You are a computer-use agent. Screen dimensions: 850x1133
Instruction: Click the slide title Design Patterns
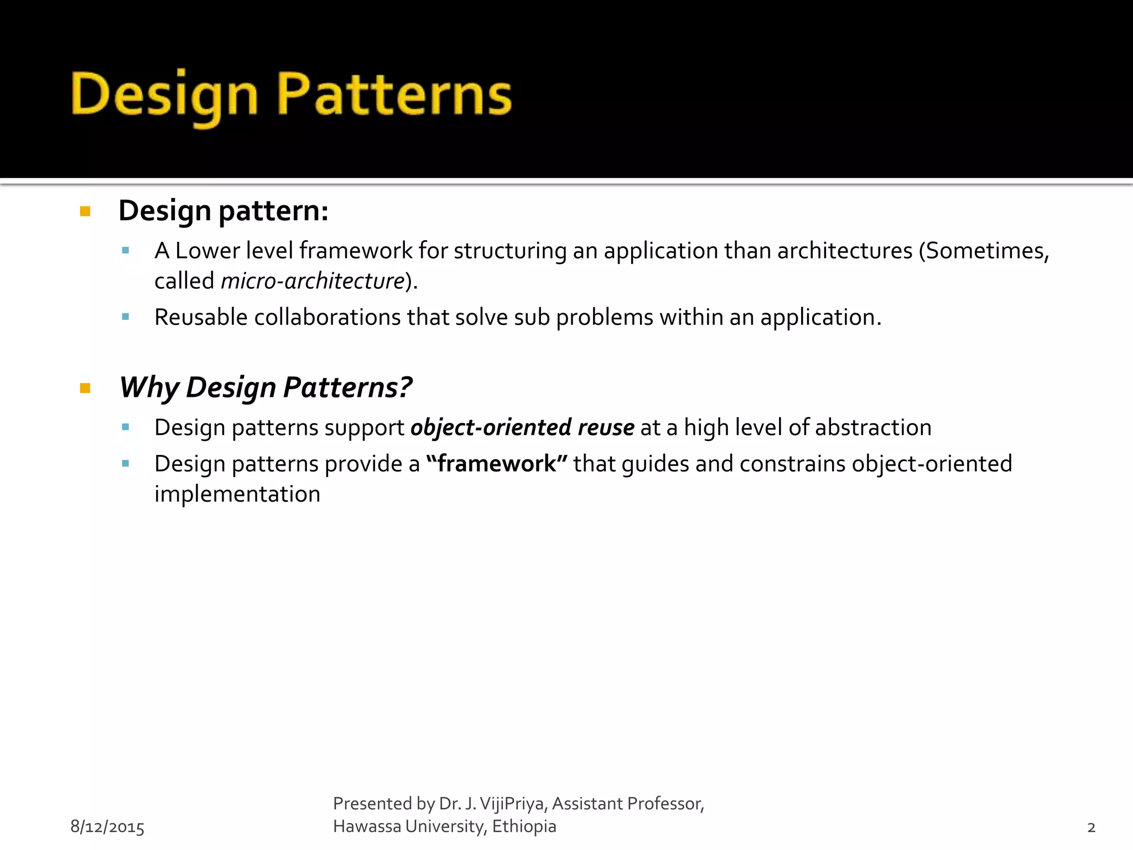(x=292, y=95)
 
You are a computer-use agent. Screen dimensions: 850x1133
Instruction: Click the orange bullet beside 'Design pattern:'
(x=85, y=211)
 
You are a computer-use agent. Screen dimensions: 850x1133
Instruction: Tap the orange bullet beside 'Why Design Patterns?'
(x=85, y=388)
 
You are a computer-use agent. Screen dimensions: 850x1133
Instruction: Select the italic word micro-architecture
(x=313, y=281)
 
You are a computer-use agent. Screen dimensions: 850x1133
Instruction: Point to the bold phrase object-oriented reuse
(x=522, y=428)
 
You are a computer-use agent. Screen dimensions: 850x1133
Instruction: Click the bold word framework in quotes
(x=496, y=464)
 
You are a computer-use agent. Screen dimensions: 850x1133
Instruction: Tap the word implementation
(x=237, y=494)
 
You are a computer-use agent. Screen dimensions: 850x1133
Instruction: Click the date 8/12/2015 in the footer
(x=107, y=827)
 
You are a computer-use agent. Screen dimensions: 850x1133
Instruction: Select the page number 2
(x=1091, y=827)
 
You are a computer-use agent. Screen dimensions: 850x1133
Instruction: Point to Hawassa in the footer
(x=367, y=826)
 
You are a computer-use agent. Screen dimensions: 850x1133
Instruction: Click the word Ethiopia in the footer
(x=524, y=826)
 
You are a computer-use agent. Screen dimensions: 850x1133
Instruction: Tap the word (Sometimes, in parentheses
(x=984, y=251)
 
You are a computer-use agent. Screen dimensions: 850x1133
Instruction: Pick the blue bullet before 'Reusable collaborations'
(x=126, y=317)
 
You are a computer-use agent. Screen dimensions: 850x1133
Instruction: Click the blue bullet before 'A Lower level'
(x=126, y=251)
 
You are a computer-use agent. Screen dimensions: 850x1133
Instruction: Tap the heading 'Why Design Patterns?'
(x=266, y=387)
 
